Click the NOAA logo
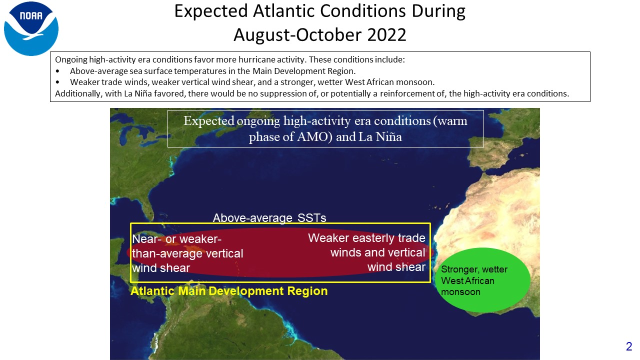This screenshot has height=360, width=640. (x=31, y=28)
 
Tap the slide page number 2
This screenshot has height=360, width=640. (x=629, y=346)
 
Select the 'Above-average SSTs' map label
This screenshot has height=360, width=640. (x=269, y=217)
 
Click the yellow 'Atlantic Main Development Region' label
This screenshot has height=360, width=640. (x=229, y=291)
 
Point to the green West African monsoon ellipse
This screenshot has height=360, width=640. (x=483, y=279)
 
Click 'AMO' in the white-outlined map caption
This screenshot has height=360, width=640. (x=314, y=136)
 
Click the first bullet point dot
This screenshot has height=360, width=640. (x=57, y=71)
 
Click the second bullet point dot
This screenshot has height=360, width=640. (x=57, y=82)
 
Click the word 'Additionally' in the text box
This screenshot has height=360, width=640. (x=78, y=93)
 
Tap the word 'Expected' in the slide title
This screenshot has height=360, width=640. (x=211, y=11)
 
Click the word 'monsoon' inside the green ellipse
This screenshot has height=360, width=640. (x=460, y=292)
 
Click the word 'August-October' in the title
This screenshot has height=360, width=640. (x=297, y=35)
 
